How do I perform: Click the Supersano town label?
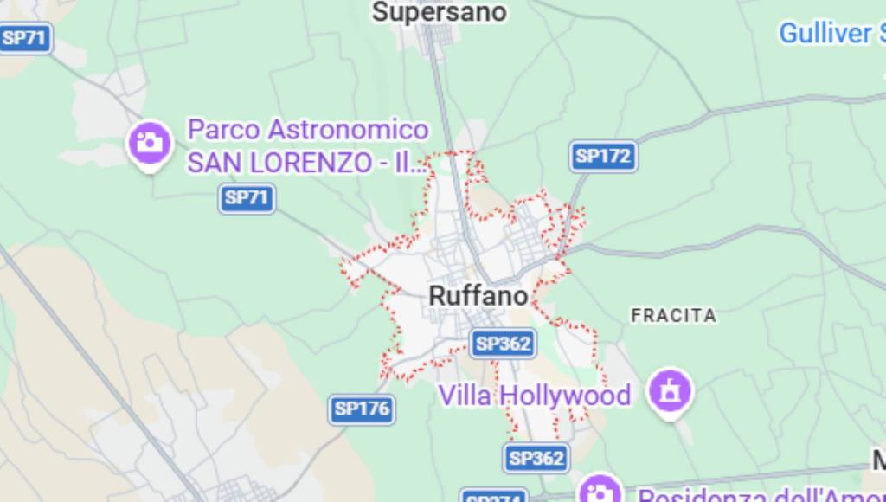click(x=439, y=12)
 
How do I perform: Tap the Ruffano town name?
click(x=478, y=296)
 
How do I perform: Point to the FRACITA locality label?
click(x=673, y=315)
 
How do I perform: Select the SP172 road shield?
click(x=604, y=157)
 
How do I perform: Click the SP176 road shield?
click(x=363, y=409)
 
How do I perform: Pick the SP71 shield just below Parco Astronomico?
click(x=247, y=197)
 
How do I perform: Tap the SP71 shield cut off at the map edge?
click(x=24, y=38)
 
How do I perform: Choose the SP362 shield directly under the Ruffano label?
click(x=503, y=344)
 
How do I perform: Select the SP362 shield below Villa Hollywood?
click(x=536, y=458)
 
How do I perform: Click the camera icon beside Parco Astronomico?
click(x=151, y=142)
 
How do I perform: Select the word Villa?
click(x=465, y=396)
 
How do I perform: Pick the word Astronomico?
click(x=348, y=130)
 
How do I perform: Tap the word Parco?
click(x=223, y=130)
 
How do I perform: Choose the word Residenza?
click(x=692, y=497)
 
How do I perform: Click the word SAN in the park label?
click(x=211, y=162)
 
